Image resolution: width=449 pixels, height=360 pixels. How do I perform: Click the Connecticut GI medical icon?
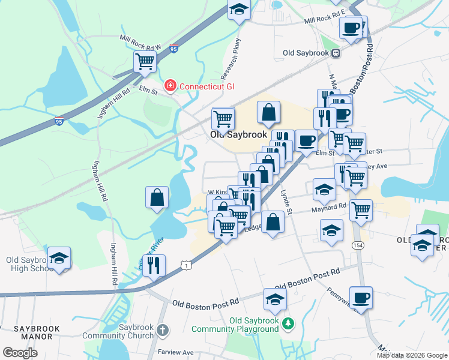point(170,86)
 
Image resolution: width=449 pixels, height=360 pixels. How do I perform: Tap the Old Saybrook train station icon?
point(336,53)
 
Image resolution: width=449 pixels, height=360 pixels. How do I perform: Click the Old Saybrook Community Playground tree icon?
point(288,324)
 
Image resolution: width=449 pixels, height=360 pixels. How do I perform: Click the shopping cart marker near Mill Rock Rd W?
point(145,61)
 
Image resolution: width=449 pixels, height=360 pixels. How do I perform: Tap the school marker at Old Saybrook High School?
point(59,258)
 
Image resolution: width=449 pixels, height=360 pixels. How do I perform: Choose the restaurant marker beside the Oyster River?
point(154,265)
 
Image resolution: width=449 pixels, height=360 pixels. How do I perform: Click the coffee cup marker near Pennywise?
point(361,298)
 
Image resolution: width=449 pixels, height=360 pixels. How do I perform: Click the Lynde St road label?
point(286,203)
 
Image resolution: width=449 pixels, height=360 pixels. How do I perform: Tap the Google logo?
point(20,353)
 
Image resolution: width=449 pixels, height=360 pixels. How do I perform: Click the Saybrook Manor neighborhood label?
point(26,332)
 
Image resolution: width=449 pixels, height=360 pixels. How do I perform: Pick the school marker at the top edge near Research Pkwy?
point(239,10)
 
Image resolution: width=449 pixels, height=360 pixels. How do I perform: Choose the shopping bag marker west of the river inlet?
point(157,197)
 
